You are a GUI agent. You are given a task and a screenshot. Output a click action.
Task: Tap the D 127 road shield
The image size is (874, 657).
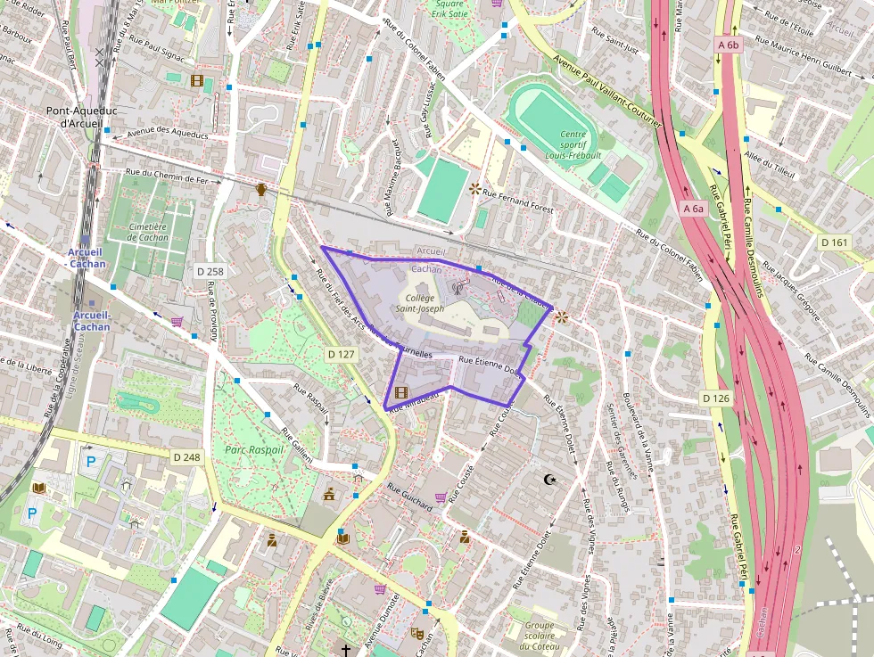[x=342, y=354]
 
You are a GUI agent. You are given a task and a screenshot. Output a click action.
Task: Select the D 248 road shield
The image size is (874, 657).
[x=187, y=456]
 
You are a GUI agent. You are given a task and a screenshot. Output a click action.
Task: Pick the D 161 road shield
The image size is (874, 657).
[x=835, y=242]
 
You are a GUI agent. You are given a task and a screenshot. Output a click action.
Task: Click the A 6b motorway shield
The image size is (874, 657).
[x=729, y=44]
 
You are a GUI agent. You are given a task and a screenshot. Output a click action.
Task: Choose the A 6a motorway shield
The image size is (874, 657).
[x=693, y=208]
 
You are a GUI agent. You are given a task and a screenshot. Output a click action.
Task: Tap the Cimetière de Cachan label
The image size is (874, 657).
[x=149, y=232]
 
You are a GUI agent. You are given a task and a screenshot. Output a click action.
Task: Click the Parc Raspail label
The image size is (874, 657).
[x=254, y=449]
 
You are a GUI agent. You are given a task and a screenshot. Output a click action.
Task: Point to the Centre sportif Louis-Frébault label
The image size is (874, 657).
[x=573, y=144]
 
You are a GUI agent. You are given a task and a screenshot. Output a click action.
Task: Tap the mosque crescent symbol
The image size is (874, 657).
[x=550, y=480]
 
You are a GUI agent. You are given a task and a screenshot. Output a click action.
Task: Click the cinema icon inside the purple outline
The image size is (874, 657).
[x=400, y=392]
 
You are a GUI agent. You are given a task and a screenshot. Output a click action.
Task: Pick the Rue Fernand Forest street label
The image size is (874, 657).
[x=517, y=193]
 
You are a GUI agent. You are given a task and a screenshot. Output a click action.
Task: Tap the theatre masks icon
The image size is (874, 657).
[x=416, y=631]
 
